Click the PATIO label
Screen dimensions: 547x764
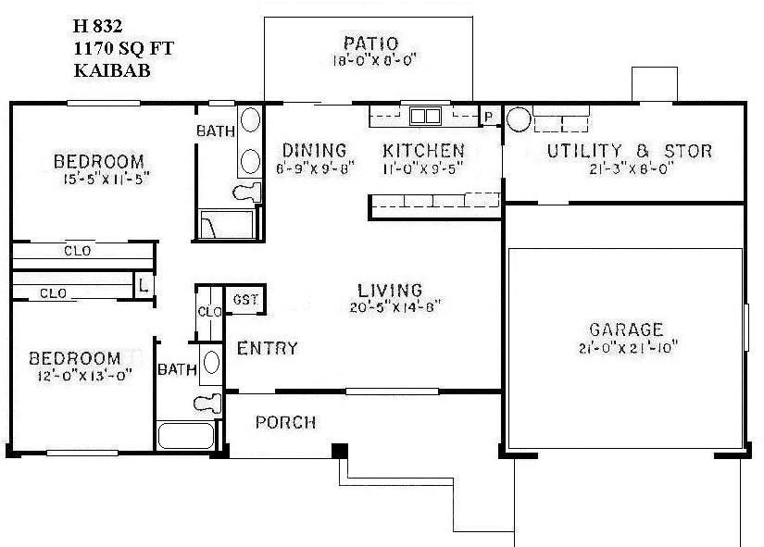tap(369, 44)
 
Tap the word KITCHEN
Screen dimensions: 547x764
tap(423, 150)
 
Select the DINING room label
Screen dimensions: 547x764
tap(314, 150)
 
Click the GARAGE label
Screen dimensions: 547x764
tap(627, 329)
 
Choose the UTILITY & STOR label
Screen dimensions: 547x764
tap(628, 151)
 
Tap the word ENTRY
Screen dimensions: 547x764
tap(268, 349)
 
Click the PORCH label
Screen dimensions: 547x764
tap(285, 423)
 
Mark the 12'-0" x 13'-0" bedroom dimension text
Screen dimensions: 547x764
tap(74, 375)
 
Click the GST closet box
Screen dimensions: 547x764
tap(245, 299)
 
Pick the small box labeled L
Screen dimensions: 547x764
tap(144, 284)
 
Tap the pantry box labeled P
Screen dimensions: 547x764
tap(487, 117)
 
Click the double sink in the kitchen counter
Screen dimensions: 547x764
tap(426, 116)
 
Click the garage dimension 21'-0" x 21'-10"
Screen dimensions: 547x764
tap(627, 348)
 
